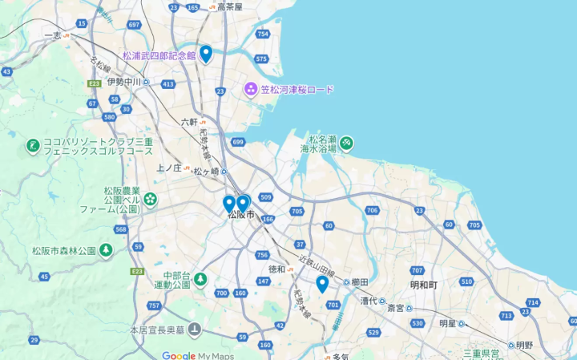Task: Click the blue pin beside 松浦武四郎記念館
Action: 206,54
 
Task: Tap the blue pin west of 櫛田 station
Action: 322,284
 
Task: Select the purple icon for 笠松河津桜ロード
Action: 251,89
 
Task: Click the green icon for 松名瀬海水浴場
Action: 347,144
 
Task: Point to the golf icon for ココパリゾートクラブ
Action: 32,146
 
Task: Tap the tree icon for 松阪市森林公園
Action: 106,251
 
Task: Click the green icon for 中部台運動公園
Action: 200,279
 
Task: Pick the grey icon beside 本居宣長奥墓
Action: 195,329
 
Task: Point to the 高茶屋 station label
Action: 229,6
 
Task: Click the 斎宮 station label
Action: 396,307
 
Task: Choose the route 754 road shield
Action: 263,34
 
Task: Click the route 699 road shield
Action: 238,142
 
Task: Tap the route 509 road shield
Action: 266,197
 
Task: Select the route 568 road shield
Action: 121,229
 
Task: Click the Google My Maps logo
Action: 198,354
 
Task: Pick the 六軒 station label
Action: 189,122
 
